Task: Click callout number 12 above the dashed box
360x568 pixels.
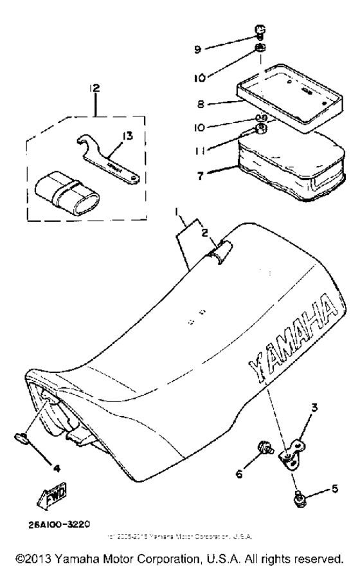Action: pos(95,87)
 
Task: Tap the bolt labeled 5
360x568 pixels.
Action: pos(298,496)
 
